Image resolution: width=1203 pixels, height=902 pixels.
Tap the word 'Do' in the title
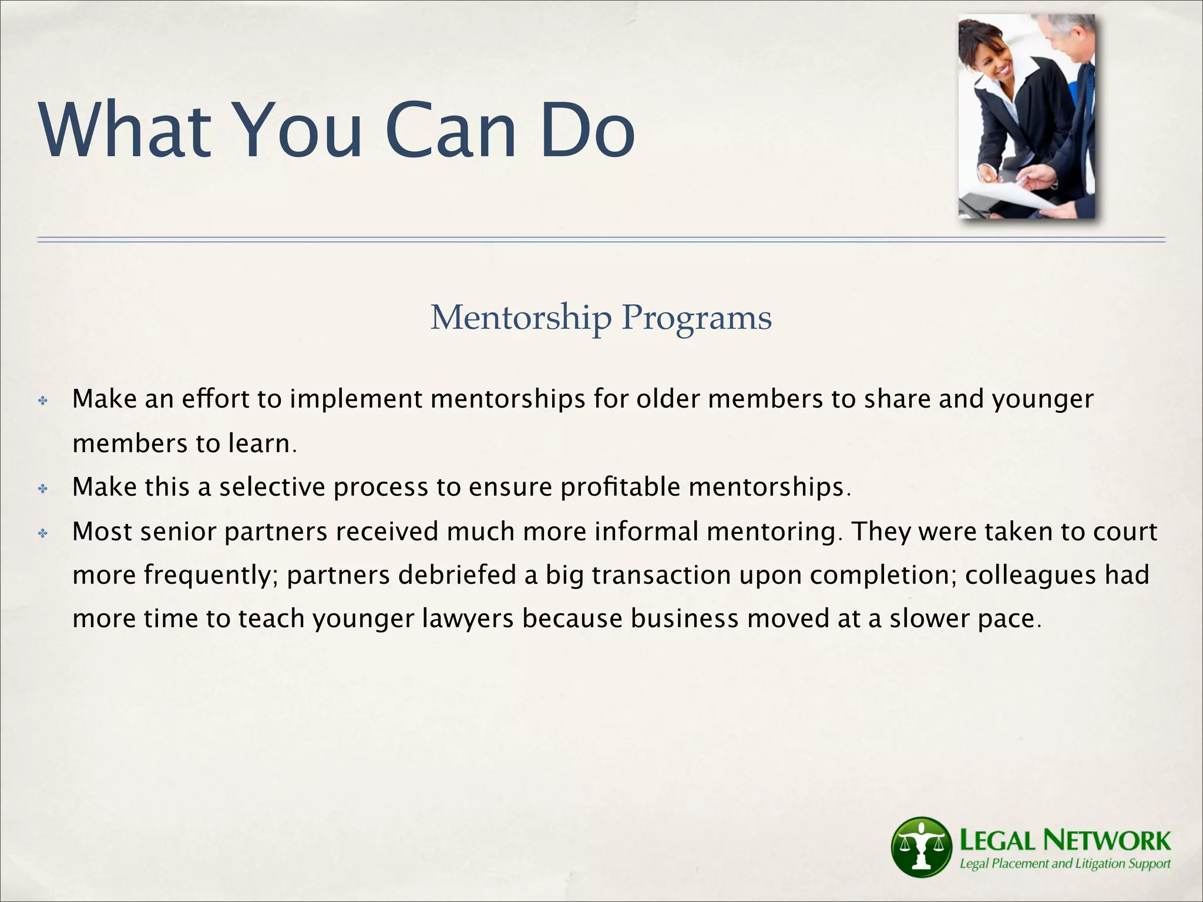click(x=587, y=130)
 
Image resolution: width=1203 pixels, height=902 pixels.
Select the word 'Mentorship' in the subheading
click(x=520, y=318)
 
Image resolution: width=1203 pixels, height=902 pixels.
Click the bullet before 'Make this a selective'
click(x=43, y=489)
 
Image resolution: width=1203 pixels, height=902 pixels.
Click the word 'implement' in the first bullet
click(x=356, y=400)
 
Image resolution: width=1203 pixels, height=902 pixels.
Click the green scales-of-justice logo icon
click(x=920, y=847)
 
